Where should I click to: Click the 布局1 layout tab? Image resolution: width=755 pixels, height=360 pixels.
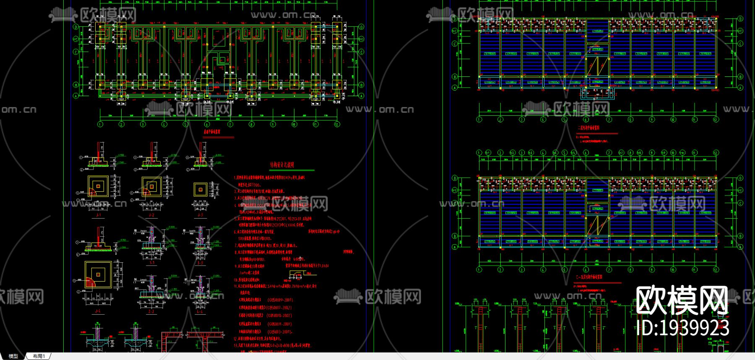click(x=39, y=356)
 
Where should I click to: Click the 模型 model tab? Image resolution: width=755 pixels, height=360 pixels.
click(x=13, y=356)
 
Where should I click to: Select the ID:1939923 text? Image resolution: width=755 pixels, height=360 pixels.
click(x=682, y=328)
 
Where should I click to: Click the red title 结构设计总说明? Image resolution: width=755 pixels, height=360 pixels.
click(x=281, y=165)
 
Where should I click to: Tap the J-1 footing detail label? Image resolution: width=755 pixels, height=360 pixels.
click(x=99, y=215)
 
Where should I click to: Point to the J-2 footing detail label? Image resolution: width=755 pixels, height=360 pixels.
click(x=151, y=215)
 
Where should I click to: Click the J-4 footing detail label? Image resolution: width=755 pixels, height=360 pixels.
click(x=98, y=311)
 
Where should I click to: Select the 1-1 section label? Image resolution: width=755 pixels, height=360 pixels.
click(x=152, y=263)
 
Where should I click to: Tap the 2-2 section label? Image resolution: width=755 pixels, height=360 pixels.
click(x=151, y=312)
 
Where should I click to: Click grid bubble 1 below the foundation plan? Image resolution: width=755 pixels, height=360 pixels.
click(x=100, y=124)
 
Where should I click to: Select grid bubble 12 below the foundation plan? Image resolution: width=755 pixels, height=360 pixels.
click(x=337, y=124)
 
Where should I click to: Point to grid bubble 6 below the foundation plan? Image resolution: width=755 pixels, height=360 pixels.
click(x=207, y=124)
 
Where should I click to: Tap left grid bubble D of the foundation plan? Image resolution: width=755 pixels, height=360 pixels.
click(x=76, y=27)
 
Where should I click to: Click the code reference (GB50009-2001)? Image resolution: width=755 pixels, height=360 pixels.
click(x=280, y=300)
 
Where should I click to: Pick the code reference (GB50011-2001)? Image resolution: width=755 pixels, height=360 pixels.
click(x=280, y=324)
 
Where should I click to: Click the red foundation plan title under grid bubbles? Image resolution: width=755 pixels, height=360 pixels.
click(x=212, y=132)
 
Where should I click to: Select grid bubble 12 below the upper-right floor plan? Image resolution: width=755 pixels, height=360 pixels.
click(x=716, y=120)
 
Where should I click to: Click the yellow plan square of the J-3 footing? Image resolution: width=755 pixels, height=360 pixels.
click(x=200, y=189)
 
